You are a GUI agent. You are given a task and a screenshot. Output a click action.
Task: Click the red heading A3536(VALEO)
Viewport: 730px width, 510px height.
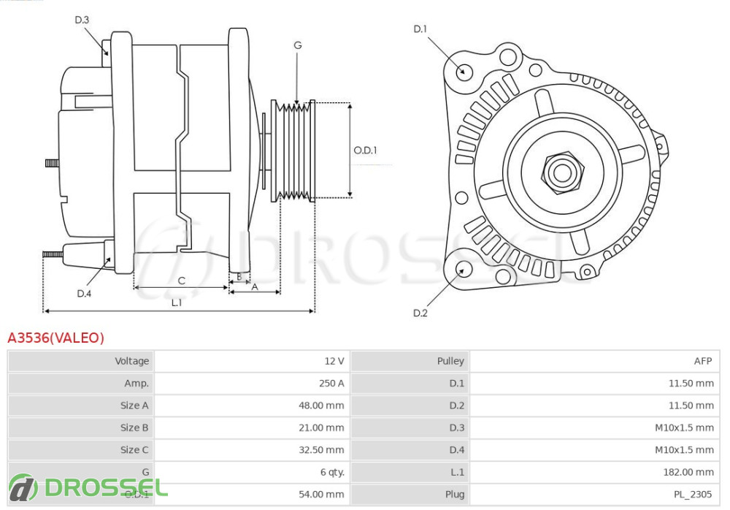tap(56, 338)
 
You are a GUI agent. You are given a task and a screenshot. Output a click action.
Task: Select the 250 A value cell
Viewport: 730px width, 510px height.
tap(252, 383)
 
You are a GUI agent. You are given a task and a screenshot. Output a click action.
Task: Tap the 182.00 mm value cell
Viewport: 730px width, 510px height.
tap(594, 472)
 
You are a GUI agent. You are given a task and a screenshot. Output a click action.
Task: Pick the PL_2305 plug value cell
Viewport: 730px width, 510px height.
tap(594, 494)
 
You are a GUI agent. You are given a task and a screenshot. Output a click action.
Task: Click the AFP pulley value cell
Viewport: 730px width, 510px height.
tap(594, 361)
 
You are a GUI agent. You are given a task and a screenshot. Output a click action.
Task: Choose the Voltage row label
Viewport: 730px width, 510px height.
tap(81, 361)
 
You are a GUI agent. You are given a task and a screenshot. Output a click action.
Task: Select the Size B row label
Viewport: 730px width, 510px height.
tap(81, 427)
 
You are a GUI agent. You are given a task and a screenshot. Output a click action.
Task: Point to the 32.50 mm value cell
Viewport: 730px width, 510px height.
tap(252, 449)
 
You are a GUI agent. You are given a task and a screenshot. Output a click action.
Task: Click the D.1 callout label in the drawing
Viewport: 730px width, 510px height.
tap(420, 29)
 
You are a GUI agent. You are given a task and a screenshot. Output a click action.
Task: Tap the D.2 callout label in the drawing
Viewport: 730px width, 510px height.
tap(420, 313)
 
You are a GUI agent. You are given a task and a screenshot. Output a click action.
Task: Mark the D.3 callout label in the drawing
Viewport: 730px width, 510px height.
tap(82, 20)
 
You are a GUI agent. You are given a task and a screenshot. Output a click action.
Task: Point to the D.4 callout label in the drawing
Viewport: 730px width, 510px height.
tap(84, 294)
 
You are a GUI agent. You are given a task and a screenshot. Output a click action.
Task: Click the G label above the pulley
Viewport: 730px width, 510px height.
tap(297, 45)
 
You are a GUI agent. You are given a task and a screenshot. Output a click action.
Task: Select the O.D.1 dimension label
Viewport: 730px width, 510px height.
tap(365, 151)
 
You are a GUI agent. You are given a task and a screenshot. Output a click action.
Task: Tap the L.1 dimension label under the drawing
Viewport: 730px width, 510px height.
tap(177, 302)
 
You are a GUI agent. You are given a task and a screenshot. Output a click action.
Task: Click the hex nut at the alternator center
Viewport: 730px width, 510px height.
tap(562, 172)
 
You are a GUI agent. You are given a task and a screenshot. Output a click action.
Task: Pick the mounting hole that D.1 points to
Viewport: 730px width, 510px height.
tap(463, 72)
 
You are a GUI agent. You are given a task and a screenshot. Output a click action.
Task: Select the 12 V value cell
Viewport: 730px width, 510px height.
tap(252, 361)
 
